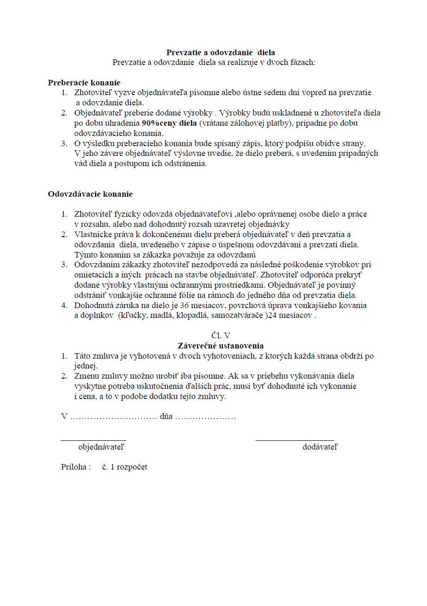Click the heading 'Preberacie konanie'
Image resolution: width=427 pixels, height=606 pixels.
[x=84, y=83]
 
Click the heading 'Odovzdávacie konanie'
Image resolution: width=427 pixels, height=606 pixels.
[x=90, y=194]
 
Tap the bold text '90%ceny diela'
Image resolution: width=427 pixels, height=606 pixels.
[x=169, y=123]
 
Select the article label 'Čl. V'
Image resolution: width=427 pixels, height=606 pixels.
[x=220, y=335]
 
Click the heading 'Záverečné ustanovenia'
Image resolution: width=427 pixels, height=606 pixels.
[x=220, y=346]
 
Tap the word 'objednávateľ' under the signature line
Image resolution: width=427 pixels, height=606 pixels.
[x=101, y=447]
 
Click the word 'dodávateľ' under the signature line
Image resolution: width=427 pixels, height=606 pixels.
[x=320, y=447]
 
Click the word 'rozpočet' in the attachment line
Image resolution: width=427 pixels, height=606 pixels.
[x=132, y=467]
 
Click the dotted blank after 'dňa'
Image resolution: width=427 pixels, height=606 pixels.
[x=206, y=417]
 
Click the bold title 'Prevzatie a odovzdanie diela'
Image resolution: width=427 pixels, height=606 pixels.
[x=220, y=52]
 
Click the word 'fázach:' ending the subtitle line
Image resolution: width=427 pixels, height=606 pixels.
[x=303, y=62]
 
